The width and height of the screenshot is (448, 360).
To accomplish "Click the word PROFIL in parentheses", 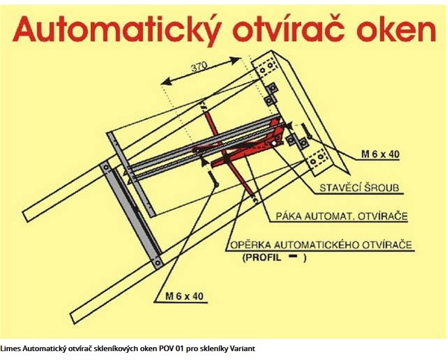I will pos(263,258).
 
